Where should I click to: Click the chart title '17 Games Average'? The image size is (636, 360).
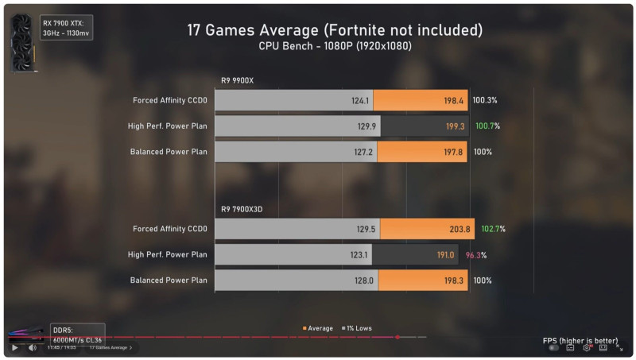(x=335, y=30)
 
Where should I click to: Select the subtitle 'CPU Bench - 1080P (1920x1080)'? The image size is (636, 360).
(x=335, y=46)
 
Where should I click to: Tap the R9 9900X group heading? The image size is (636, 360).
(x=237, y=80)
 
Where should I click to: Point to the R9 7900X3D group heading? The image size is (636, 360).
(x=242, y=209)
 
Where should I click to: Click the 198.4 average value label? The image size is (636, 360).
(x=453, y=101)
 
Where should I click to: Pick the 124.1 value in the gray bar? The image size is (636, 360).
(x=359, y=101)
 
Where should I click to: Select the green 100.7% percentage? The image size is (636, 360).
(x=487, y=126)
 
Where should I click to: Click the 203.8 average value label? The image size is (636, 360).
(x=460, y=229)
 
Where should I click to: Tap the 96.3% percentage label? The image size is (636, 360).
(x=476, y=255)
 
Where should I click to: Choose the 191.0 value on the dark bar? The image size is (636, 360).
(x=444, y=255)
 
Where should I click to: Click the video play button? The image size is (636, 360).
(x=14, y=347)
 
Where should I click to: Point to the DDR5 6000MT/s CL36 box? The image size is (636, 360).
(x=77, y=334)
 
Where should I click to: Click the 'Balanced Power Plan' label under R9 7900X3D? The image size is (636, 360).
(x=169, y=281)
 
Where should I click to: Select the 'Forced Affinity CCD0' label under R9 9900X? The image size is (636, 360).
(x=170, y=101)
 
